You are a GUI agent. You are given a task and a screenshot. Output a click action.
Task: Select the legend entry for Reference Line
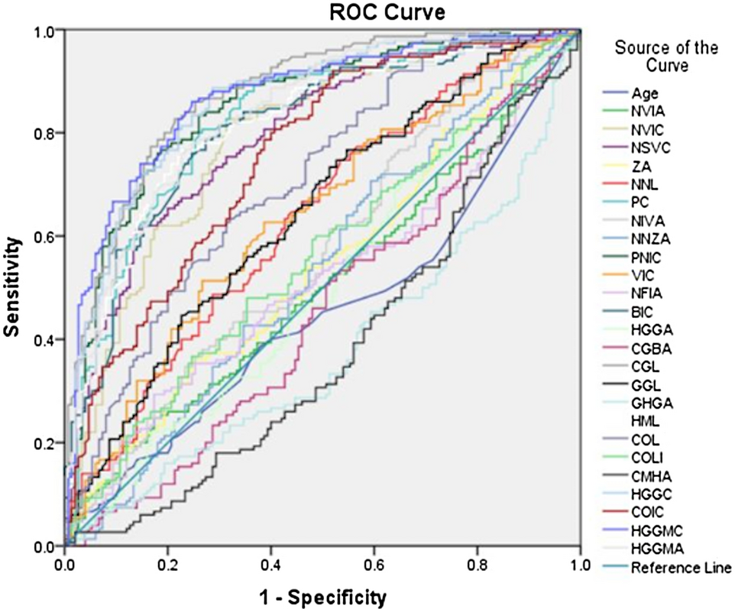(680, 567)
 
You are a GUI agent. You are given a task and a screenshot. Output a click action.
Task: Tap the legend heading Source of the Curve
(666, 57)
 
